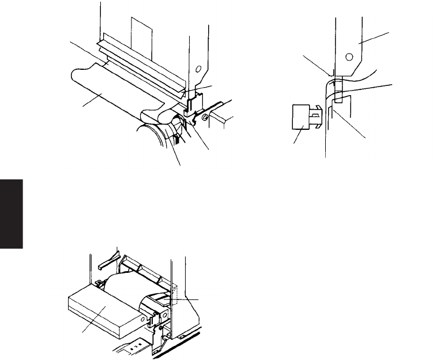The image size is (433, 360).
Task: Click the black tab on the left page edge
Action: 12,213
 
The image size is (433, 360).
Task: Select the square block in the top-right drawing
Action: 300,118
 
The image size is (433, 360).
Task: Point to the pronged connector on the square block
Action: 315,118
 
